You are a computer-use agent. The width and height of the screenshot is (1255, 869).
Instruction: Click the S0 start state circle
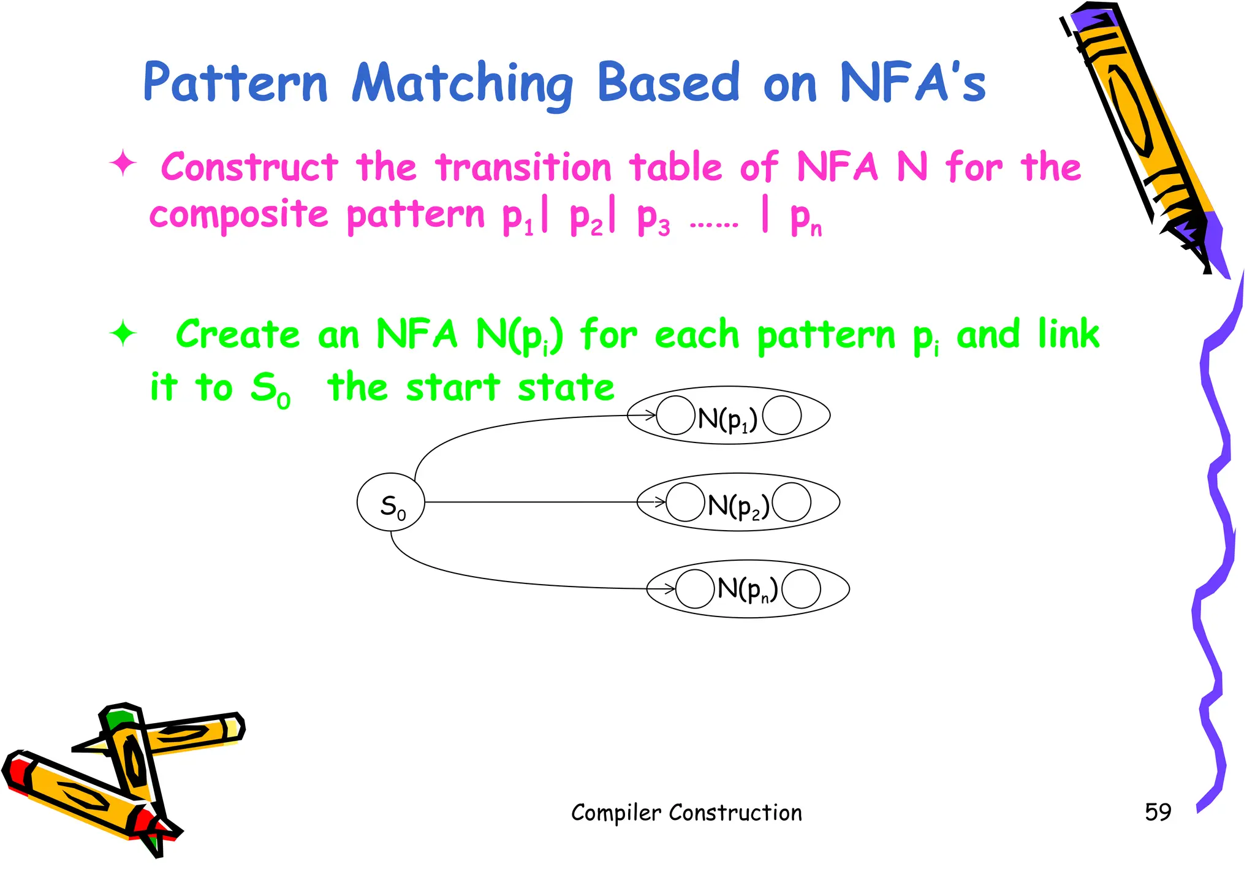pyautogui.click(x=390, y=502)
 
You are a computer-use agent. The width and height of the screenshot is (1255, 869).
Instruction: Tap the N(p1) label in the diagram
pyautogui.click(x=727, y=419)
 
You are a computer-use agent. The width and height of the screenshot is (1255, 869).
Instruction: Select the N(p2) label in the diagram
pyautogui.click(x=738, y=506)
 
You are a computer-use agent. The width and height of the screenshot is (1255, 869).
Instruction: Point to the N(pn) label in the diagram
pyautogui.click(x=747, y=589)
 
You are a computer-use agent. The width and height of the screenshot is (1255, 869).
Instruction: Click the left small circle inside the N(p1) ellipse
pyautogui.click(x=675, y=416)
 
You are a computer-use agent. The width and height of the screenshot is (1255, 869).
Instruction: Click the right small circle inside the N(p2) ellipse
pyautogui.click(x=792, y=502)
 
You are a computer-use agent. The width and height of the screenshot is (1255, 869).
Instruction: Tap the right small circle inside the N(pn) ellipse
pyautogui.click(x=802, y=589)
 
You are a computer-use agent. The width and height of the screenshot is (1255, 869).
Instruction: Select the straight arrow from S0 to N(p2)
pyautogui.click(x=533, y=502)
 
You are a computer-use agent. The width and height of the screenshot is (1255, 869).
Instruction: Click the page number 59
pyautogui.click(x=1158, y=812)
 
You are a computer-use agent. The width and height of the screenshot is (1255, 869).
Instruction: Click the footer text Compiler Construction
pyautogui.click(x=686, y=813)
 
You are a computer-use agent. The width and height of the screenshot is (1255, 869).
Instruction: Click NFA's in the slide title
pyautogui.click(x=912, y=83)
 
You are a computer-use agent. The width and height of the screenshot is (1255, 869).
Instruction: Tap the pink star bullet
pyautogui.click(x=123, y=164)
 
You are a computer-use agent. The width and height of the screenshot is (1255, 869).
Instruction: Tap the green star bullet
pyautogui.click(x=123, y=333)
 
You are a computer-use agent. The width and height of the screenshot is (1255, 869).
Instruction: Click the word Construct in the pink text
pyautogui.click(x=249, y=167)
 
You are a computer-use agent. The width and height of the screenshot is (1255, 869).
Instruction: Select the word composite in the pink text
pyautogui.click(x=239, y=214)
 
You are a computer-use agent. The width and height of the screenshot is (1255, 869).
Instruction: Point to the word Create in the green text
pyautogui.click(x=238, y=335)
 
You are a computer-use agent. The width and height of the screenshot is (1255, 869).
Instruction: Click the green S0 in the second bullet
pyautogui.click(x=270, y=389)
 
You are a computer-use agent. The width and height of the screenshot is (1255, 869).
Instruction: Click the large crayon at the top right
pyautogui.click(x=1140, y=135)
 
